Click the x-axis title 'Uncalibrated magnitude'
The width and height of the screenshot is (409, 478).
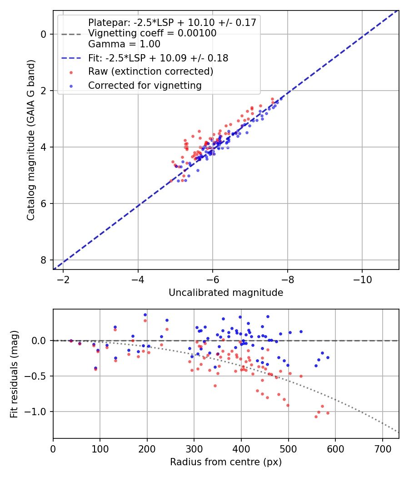(226, 293)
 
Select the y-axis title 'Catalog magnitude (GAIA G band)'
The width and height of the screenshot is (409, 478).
(31, 140)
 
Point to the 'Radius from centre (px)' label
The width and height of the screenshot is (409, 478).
(226, 462)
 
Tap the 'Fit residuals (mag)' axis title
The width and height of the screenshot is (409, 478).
(14, 374)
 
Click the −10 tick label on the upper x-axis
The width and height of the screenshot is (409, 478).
(362, 280)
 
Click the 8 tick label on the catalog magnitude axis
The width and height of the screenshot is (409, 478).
(44, 260)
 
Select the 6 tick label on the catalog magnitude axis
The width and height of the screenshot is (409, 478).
(44, 203)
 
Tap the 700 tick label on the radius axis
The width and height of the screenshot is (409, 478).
(383, 449)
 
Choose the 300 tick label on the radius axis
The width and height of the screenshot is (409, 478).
(194, 449)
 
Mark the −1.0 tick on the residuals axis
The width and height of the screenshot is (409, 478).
(35, 412)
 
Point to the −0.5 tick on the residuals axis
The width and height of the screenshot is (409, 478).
(35, 376)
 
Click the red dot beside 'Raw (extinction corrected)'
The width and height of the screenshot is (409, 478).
(71, 72)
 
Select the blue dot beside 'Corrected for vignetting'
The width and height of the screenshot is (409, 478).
(71, 86)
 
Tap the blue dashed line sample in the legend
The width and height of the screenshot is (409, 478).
(71, 58)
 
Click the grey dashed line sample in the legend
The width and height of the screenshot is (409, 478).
(71, 34)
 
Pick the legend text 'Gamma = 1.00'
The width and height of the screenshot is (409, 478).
(124, 44)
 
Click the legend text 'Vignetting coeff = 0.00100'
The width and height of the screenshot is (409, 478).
(152, 33)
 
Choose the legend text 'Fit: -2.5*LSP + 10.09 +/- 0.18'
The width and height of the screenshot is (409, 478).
(158, 58)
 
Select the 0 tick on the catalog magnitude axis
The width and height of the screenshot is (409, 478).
(44, 35)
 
